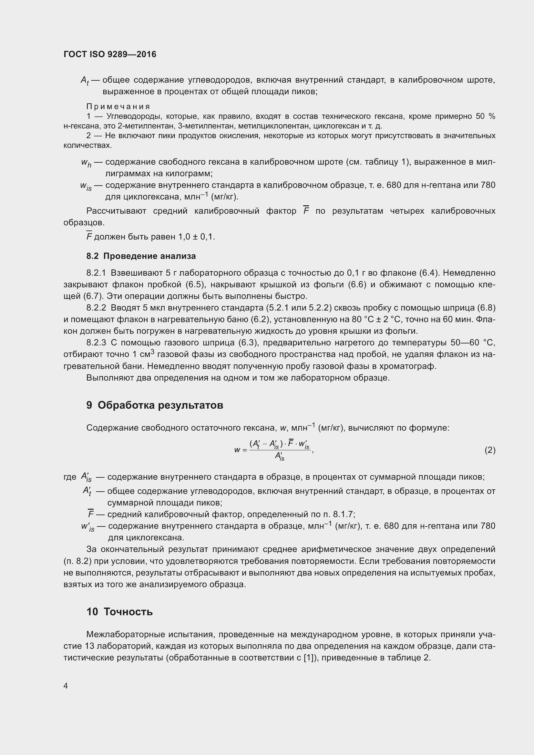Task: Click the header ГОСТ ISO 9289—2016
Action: tap(110, 54)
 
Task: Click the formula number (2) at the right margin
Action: tap(490, 450)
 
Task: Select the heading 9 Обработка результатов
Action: tap(155, 405)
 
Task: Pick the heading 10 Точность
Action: tap(120, 612)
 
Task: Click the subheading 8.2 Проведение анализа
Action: tap(141, 256)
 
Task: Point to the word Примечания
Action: tap(118, 107)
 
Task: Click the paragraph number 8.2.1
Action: tap(96, 273)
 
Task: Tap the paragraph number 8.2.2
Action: tap(96, 308)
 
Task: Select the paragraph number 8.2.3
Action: tap(96, 343)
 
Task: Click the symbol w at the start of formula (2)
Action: tap(237, 450)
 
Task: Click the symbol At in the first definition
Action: tap(85, 81)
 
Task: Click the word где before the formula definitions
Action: tap(70, 477)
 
